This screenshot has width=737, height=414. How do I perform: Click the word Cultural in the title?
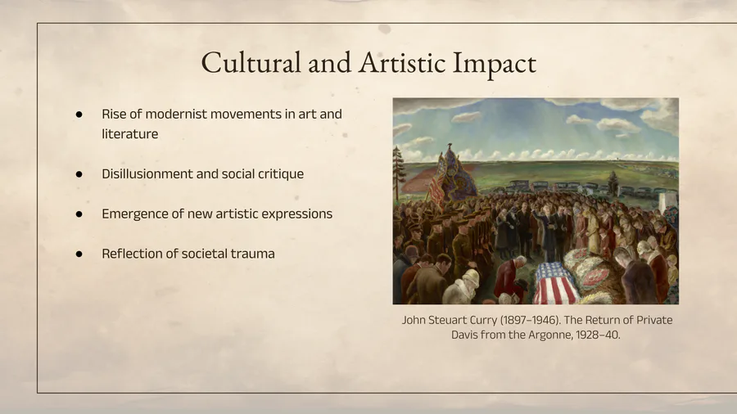pos(251,62)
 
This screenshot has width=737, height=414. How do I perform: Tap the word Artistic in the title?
pos(401,62)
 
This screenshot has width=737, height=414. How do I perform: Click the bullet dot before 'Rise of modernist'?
pos(79,114)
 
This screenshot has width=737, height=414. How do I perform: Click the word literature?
pos(129,134)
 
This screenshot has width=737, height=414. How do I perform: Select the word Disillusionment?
pos(147,173)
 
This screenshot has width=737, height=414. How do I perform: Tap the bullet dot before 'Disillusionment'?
pos(79,174)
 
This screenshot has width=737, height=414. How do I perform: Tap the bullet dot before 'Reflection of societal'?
pos(79,254)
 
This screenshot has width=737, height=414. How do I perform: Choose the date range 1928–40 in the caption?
pos(598,335)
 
